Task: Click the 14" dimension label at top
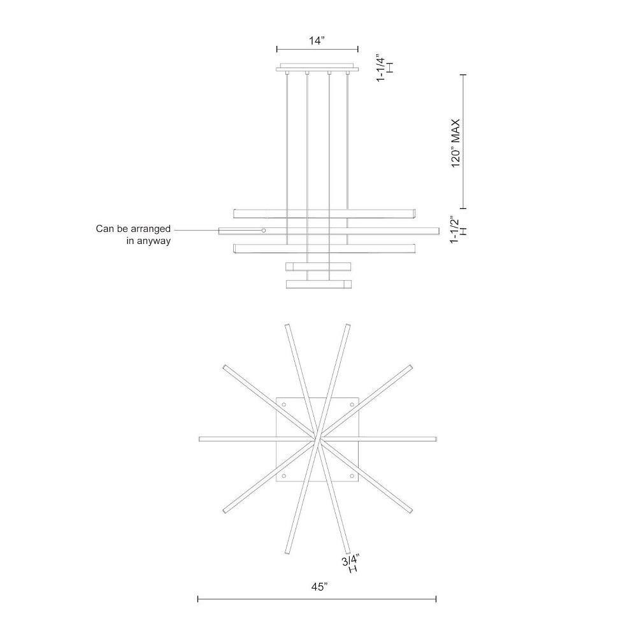[x=317, y=41]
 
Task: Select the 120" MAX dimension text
[x=456, y=143]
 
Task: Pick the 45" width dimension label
[x=319, y=587]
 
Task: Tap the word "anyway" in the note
[x=154, y=241]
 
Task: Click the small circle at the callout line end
[x=264, y=231]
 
